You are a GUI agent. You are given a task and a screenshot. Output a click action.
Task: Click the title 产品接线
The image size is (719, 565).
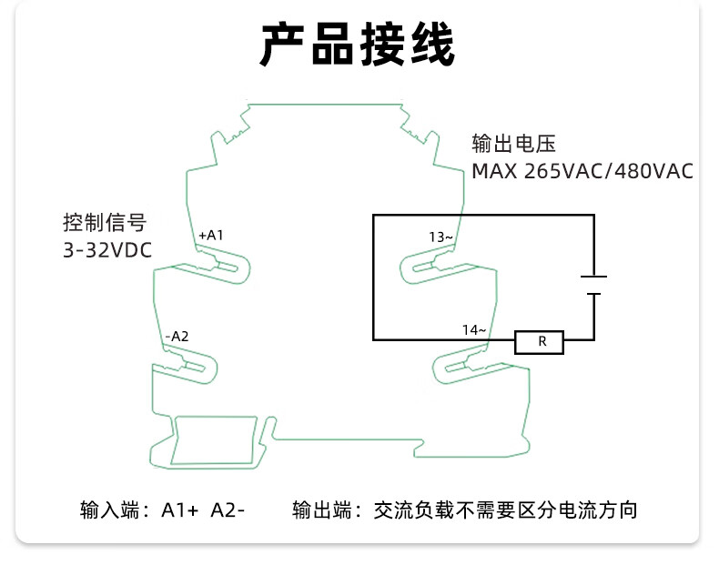click(358, 45)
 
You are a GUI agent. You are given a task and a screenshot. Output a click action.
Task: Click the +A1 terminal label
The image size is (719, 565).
click(210, 235)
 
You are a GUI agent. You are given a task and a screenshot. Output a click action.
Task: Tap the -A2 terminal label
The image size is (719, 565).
click(177, 336)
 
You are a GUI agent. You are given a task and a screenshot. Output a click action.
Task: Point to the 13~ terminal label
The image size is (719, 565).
click(441, 237)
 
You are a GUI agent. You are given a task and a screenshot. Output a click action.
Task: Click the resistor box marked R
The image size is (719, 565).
click(540, 342)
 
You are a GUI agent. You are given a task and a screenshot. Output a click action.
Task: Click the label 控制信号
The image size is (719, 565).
click(104, 222)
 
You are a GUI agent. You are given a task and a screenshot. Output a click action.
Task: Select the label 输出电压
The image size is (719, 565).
click(512, 144)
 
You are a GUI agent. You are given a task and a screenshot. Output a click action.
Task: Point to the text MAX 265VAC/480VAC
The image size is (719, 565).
click(582, 171)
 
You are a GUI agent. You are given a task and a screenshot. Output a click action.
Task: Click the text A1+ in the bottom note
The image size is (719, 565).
click(180, 510)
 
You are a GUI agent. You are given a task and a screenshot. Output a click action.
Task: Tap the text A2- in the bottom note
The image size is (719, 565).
click(228, 510)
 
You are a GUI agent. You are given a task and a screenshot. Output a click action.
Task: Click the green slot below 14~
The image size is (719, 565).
click(460, 368)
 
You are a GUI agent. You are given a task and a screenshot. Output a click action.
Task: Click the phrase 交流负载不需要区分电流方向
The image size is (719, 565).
click(506, 510)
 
